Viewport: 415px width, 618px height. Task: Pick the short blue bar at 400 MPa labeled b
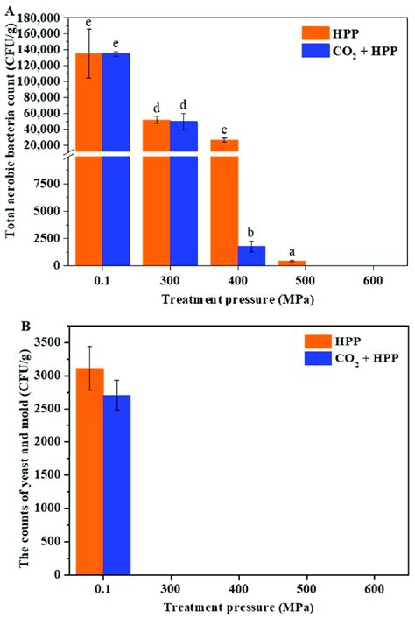(x=251, y=256)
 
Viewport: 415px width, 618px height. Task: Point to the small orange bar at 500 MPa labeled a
(x=292, y=263)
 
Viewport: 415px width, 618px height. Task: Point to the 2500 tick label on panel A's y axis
(x=44, y=238)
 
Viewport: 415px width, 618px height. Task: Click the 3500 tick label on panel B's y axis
(x=46, y=341)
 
